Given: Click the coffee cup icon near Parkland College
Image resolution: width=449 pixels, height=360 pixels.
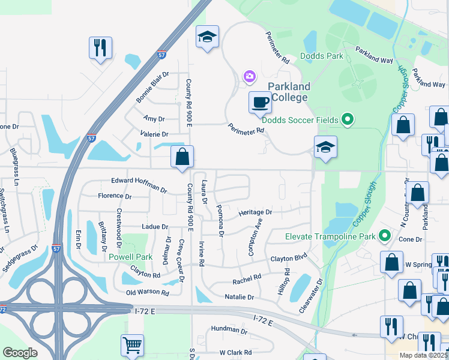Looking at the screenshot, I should click(x=259, y=102).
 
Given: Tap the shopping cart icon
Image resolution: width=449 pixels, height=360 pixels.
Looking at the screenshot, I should click(x=132, y=345).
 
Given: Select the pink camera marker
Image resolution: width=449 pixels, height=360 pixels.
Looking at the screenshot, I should click(x=249, y=76).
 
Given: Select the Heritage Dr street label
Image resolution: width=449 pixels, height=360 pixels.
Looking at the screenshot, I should click(x=255, y=212).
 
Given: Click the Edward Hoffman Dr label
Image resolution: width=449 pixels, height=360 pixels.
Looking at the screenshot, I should click(x=139, y=184).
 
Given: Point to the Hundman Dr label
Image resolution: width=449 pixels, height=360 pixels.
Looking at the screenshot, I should click(x=229, y=331).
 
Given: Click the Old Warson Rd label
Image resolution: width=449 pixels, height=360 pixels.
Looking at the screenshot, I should click(x=147, y=293).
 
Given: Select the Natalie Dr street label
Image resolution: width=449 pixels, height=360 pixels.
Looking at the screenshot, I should click(x=238, y=297).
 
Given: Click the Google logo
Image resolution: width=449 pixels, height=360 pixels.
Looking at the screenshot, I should click(x=20, y=353).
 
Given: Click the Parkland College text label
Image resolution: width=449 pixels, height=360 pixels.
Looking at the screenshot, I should click(x=288, y=92).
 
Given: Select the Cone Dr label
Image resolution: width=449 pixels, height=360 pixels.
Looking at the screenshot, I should click(x=411, y=239).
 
